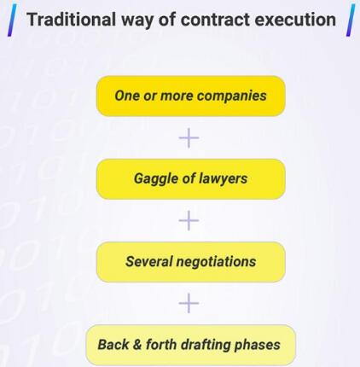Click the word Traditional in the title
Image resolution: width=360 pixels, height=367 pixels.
[71, 20]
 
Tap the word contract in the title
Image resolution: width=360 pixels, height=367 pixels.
[215, 20]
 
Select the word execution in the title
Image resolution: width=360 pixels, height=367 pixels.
[295, 20]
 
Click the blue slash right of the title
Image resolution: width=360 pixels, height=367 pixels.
[351, 20]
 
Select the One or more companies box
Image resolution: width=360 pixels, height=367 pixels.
[191, 96]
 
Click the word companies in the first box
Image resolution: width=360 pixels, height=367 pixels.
[232, 96]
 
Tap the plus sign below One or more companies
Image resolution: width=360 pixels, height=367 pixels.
[189, 138]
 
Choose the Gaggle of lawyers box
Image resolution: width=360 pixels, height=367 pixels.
[191, 179]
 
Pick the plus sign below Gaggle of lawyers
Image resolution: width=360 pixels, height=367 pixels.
[189, 220]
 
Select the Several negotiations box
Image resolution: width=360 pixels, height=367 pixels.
[191, 262]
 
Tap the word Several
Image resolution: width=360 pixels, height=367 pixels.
[149, 262]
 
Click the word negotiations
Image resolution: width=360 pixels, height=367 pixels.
[216, 262]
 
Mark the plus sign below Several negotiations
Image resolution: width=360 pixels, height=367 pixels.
[189, 303]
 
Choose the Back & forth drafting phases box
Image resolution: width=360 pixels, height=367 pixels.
[190, 345]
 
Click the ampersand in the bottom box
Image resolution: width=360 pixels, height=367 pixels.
[137, 345]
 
